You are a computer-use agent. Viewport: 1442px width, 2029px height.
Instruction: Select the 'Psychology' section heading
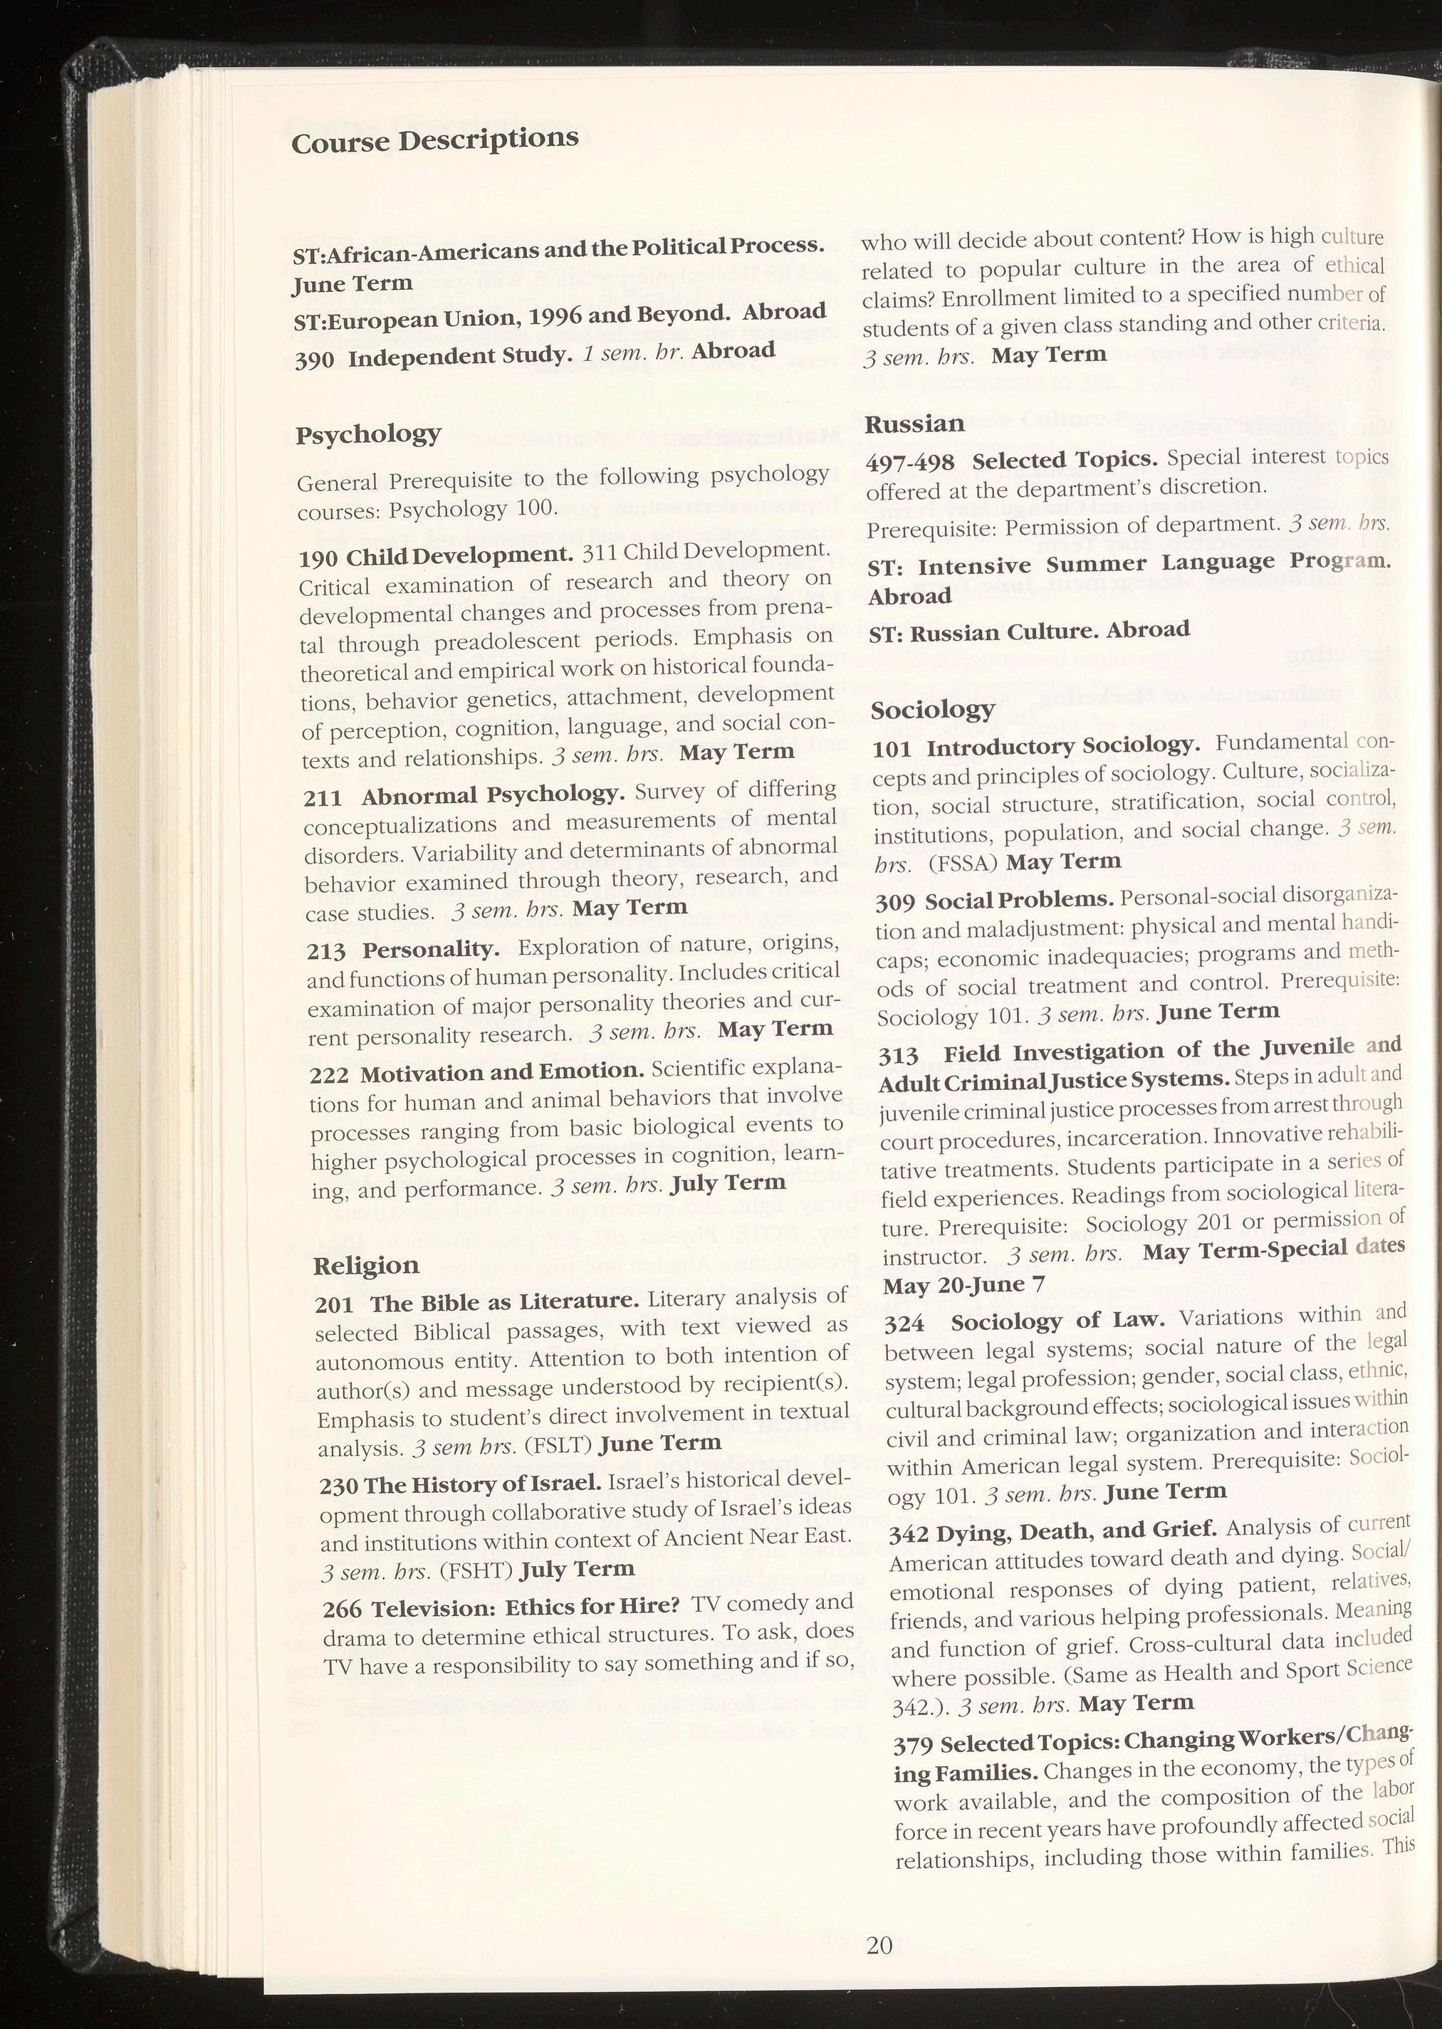point(367,434)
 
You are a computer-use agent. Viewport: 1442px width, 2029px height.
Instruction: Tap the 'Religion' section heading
point(366,1266)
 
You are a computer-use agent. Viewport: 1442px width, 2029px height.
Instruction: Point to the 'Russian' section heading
point(914,424)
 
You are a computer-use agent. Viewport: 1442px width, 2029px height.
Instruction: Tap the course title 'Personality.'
point(432,950)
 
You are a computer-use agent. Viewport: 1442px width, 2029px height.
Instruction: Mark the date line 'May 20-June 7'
point(964,1285)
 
